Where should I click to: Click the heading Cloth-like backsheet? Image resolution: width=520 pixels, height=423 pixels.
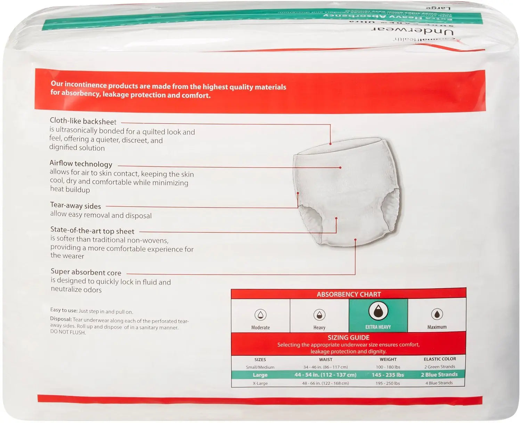click(83, 121)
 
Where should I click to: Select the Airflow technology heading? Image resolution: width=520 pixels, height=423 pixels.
click(81, 163)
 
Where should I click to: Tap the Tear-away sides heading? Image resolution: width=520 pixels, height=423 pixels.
click(75, 206)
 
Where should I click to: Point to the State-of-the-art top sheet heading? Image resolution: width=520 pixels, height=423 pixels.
click(92, 231)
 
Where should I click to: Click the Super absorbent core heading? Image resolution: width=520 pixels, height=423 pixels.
click(86, 272)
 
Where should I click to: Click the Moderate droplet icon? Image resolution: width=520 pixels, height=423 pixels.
click(260, 314)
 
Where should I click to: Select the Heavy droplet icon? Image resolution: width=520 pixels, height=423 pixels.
click(319, 314)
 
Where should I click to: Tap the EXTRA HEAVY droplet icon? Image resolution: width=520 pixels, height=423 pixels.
click(378, 311)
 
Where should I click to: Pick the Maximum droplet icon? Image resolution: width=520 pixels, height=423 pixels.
click(437, 314)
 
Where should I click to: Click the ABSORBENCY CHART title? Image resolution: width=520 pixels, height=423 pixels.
click(349, 294)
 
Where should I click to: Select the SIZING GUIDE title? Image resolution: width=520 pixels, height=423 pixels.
click(348, 337)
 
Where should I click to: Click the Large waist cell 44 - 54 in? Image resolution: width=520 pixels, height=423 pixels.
click(325, 375)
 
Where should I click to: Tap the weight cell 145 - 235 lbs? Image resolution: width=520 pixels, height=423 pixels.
click(388, 375)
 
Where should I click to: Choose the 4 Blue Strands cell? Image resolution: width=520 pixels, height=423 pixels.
click(439, 383)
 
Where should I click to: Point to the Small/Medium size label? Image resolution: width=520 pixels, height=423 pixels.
click(260, 367)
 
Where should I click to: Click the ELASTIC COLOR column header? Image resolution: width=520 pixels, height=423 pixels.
click(440, 359)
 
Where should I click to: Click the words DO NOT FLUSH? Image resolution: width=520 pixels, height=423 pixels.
click(68, 333)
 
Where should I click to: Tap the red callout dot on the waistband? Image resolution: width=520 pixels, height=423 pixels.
click(331, 143)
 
